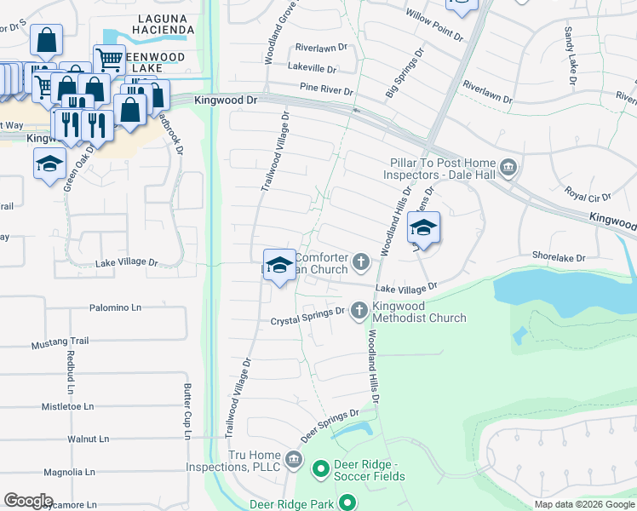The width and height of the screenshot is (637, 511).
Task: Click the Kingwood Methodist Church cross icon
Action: [x=359, y=310]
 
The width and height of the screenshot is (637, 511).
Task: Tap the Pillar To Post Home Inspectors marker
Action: [x=509, y=165]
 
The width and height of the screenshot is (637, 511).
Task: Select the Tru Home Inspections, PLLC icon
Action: [x=294, y=461]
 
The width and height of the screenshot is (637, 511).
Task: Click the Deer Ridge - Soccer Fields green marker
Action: [x=321, y=468]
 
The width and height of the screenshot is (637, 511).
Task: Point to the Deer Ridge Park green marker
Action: [x=347, y=504]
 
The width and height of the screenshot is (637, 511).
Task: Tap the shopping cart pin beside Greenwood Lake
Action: [x=109, y=60]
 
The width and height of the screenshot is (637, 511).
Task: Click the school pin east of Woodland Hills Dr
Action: [x=423, y=227]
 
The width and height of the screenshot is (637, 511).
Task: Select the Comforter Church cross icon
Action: [x=362, y=261]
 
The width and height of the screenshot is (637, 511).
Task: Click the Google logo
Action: [x=28, y=501]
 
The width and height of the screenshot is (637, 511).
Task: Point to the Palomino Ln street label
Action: [x=115, y=307]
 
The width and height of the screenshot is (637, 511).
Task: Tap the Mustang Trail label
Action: [x=60, y=342]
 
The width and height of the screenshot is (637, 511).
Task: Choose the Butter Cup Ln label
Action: [x=187, y=412]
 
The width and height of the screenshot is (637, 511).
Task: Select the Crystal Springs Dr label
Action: [x=307, y=321]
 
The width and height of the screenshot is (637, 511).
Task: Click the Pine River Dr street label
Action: [x=326, y=88]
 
